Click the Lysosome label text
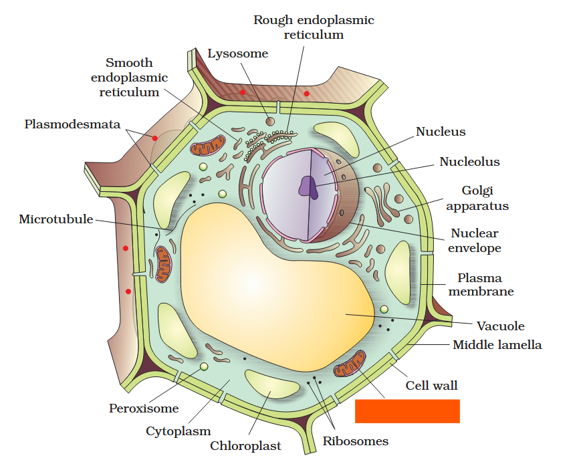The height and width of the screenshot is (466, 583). click(237, 54)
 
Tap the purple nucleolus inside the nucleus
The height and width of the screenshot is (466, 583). click(308, 186)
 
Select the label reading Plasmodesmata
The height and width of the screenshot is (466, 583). click(72, 124)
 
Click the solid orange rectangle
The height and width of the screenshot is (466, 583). click(407, 411)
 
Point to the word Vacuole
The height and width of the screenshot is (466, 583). click(500, 326)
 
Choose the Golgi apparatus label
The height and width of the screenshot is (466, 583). click(477, 199)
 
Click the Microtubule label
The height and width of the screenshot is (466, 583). click(56, 219)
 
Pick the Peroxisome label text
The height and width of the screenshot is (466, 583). click(144, 408)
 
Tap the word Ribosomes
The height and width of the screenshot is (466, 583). click(355, 441)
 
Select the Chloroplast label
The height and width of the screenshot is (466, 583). click(245, 446)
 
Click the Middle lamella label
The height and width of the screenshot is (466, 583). click(497, 345)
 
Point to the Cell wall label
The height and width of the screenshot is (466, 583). click(431, 386)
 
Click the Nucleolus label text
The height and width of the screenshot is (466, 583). click(469, 162)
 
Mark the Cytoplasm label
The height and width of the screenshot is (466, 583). click(178, 431)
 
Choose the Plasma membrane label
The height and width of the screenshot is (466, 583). click(481, 285)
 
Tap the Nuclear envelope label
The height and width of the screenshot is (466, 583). click(474, 241)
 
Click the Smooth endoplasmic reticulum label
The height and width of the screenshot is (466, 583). click(129, 78)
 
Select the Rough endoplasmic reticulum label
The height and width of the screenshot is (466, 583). click(313, 27)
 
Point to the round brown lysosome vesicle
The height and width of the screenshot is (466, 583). click(270, 121)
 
